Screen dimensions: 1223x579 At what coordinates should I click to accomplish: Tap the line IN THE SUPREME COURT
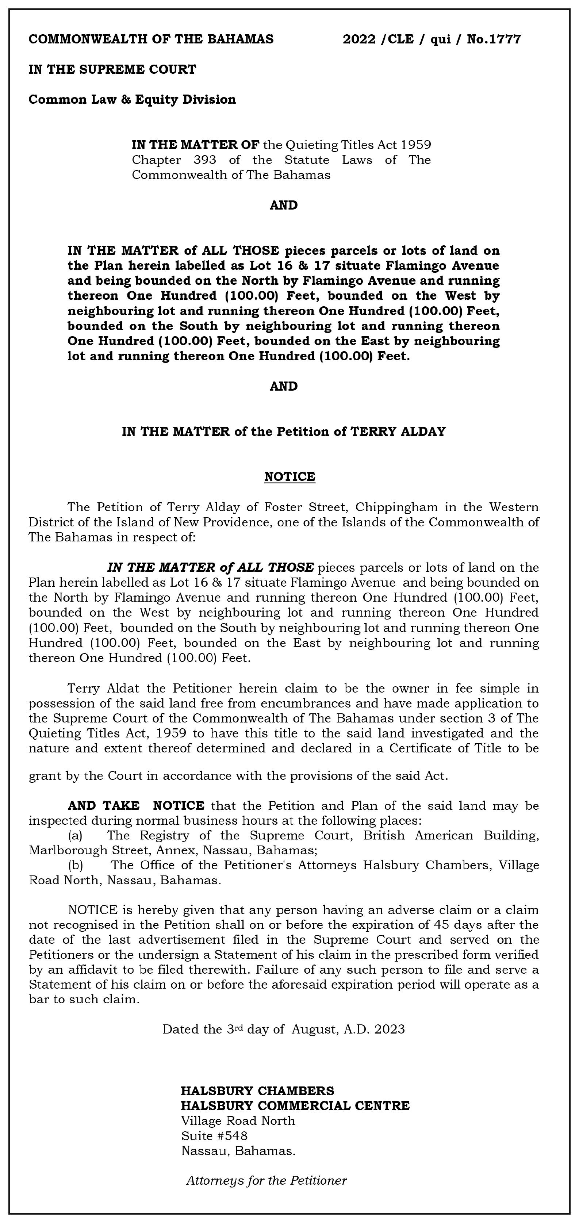pos(112,69)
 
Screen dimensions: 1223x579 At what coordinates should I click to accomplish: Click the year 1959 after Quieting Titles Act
pos(415,144)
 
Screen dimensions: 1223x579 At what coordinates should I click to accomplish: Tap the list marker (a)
pos(75,836)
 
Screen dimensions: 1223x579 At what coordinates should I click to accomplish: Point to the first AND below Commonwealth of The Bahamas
pos(283,205)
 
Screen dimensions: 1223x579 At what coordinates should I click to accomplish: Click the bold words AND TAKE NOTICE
pos(136,806)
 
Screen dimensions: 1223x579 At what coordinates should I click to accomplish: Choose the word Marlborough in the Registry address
pos(68,850)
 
